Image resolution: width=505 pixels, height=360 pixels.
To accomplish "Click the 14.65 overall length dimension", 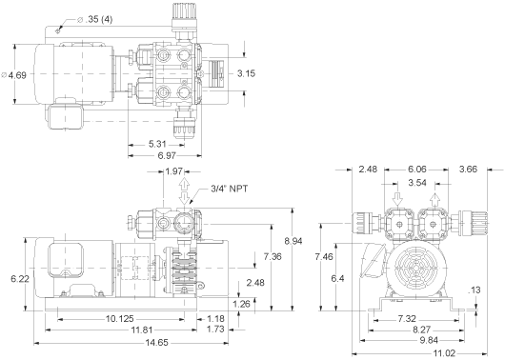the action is [157, 342].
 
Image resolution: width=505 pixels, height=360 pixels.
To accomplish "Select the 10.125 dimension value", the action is [119, 319].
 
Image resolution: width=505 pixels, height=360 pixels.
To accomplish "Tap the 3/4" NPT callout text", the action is [230, 189].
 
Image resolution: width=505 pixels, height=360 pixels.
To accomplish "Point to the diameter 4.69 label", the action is [14, 75].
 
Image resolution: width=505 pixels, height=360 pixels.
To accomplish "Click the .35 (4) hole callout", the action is [95, 19].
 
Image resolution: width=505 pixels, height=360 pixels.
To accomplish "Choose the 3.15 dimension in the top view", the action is [246, 73].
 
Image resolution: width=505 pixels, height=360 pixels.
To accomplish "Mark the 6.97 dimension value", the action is [167, 155].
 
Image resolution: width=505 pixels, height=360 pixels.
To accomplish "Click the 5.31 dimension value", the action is [157, 144].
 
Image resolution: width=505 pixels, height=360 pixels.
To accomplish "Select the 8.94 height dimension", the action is [293, 241].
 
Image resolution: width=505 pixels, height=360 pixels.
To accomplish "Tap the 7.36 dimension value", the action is [273, 256].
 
